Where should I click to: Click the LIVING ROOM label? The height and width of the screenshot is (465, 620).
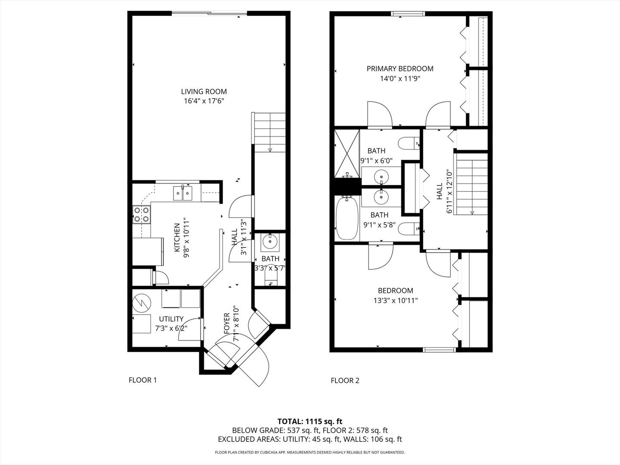(x=204, y=92)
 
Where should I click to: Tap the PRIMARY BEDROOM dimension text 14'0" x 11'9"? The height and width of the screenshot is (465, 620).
(x=400, y=79)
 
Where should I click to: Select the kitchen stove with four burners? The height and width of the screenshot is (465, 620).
(x=142, y=214)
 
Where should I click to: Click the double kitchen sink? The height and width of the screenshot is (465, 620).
(x=183, y=193)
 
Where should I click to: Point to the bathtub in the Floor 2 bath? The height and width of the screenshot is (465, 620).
(x=346, y=219)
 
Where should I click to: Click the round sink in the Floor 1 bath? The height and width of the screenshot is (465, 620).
(x=270, y=242)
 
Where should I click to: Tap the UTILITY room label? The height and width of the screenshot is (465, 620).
(x=171, y=319)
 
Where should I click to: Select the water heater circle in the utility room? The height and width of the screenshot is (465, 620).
(x=141, y=303)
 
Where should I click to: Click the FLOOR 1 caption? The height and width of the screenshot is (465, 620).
(x=143, y=380)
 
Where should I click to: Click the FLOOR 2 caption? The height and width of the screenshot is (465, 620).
(x=345, y=381)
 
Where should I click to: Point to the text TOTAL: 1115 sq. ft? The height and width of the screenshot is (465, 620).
(x=310, y=421)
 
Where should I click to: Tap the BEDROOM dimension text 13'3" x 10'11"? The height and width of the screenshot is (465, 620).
(x=395, y=301)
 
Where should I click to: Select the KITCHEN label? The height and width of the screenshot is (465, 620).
(x=177, y=238)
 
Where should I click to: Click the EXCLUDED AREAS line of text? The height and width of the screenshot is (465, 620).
(x=310, y=440)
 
